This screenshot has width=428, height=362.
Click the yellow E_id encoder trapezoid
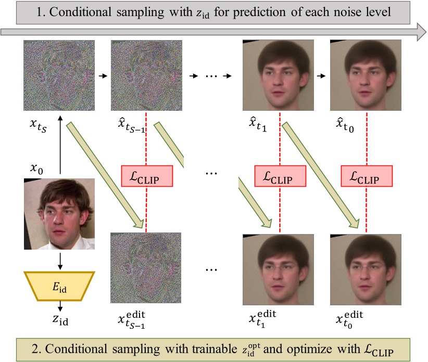click(x=59, y=286)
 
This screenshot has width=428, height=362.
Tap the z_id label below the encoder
click(x=60, y=320)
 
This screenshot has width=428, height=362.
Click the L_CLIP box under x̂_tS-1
click(x=147, y=176)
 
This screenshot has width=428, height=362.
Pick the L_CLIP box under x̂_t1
click(x=280, y=176)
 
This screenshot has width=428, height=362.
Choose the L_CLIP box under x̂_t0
click(x=367, y=176)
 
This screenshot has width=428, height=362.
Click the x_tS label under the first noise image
click(x=38, y=125)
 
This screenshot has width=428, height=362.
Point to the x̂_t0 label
click(x=345, y=125)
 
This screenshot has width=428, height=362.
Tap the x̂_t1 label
click(x=257, y=125)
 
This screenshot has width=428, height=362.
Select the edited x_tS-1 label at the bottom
click(x=132, y=320)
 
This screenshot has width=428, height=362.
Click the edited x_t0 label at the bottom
click(x=349, y=320)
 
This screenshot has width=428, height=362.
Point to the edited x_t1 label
click(x=262, y=319)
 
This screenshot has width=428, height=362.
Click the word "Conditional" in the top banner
click(x=80, y=12)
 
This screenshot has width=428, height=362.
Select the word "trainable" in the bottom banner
click(x=215, y=349)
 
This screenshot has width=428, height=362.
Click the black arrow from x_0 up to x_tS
click(x=60, y=145)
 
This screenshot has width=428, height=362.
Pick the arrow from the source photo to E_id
click(x=60, y=262)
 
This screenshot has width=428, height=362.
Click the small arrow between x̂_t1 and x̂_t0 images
click(x=321, y=76)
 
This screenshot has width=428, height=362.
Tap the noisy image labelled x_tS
click(x=59, y=75)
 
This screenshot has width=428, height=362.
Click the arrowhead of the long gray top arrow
click(x=422, y=32)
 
